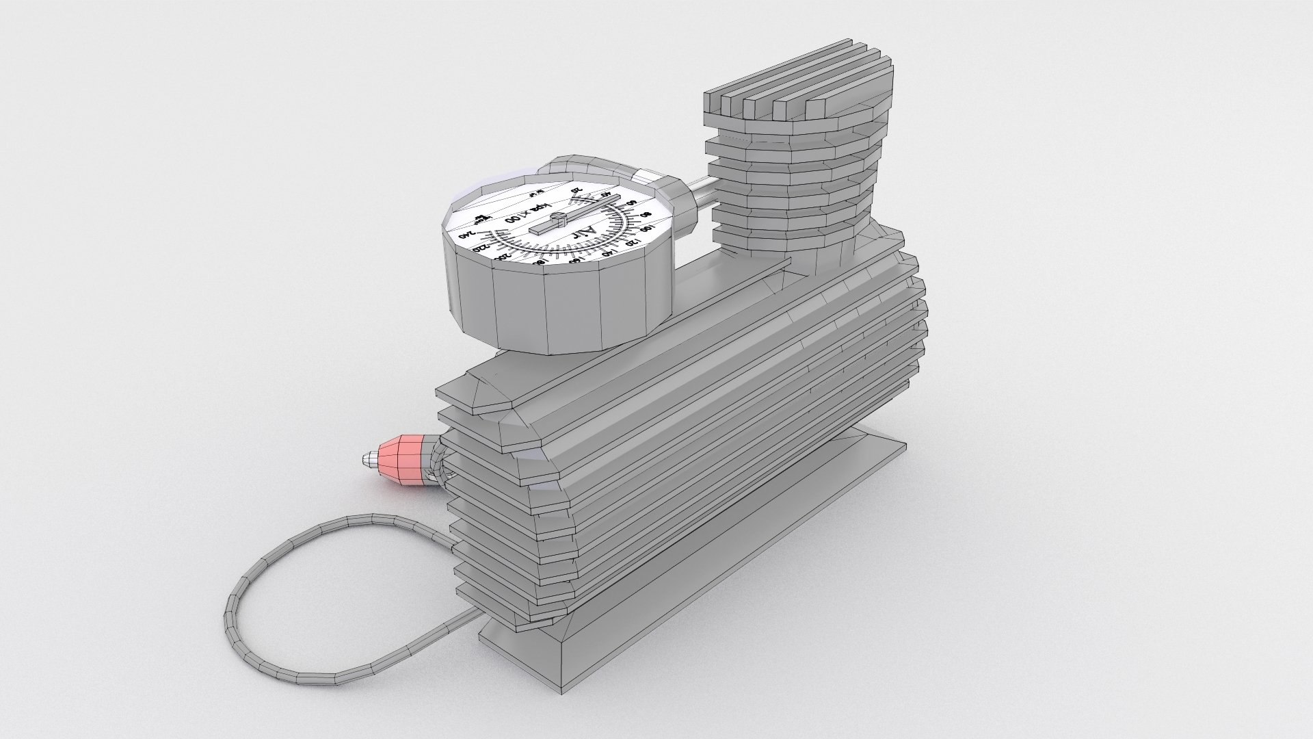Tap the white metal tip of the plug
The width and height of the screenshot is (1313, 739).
(x=370, y=457)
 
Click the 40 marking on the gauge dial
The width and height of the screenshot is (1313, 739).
(x=605, y=194)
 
